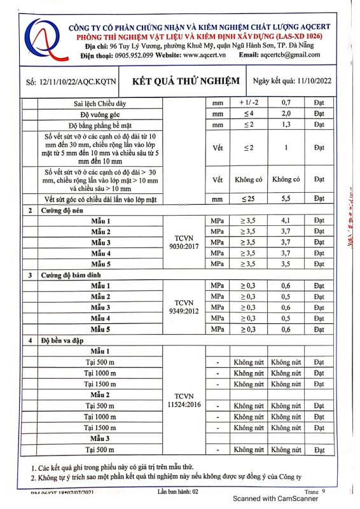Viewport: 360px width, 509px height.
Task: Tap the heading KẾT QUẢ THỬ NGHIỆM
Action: [x=185, y=81]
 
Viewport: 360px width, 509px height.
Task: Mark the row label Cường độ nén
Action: [x=63, y=210]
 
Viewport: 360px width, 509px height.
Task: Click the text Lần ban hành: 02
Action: [x=179, y=492]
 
